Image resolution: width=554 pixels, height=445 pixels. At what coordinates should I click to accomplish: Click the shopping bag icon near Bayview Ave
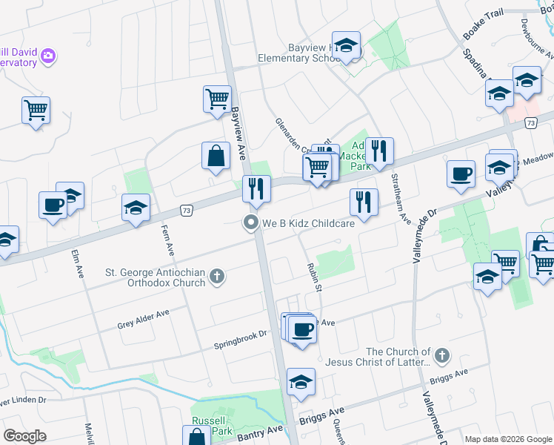tap(216, 156)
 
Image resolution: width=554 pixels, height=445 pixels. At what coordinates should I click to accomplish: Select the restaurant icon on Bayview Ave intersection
tap(256, 189)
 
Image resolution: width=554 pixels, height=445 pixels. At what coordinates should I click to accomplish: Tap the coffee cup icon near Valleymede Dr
tap(461, 174)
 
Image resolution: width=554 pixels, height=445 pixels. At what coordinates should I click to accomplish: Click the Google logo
tap(24, 436)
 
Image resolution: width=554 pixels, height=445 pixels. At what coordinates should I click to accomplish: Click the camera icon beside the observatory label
tap(49, 56)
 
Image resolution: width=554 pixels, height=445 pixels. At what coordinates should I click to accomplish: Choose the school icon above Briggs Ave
tap(301, 383)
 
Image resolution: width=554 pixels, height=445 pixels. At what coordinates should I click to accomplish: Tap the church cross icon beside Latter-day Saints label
tap(442, 357)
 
